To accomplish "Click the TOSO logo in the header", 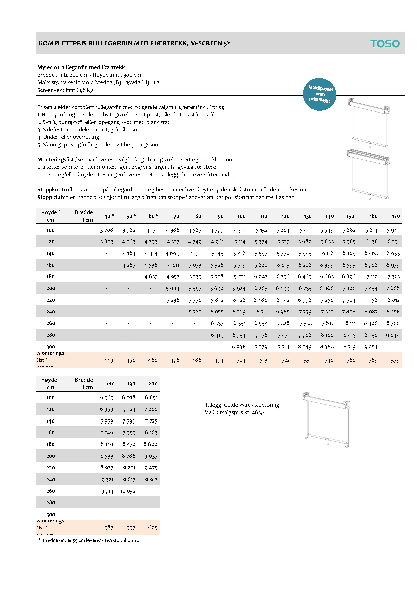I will point(385,44).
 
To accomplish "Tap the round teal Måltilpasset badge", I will point(319,94).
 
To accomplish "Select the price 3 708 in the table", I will point(107,230).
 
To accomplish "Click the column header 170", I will point(396,216).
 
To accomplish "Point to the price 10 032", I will point(128,491).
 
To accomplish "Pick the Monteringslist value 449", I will point(109,360).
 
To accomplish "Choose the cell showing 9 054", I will point(371,347).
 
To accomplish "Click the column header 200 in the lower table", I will point(153,384).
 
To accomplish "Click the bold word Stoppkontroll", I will point(54,190).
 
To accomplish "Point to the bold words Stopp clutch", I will point(53,197).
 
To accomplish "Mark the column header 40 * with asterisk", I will point(109,216).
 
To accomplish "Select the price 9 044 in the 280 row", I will point(393,335).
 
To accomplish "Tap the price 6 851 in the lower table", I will point(151,398).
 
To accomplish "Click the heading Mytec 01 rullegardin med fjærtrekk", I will point(81,67).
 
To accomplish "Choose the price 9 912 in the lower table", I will point(151,480).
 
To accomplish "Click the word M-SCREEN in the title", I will point(206,43).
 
